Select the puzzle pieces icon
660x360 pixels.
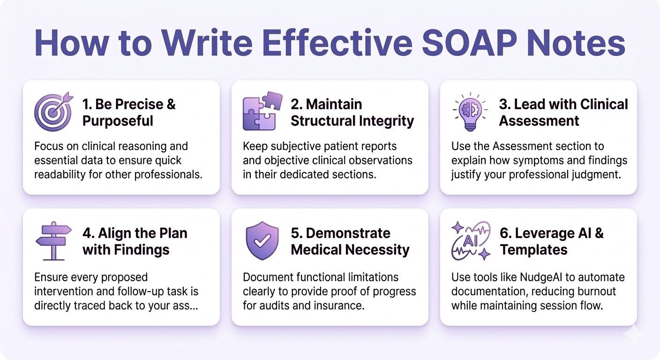[x=262, y=111]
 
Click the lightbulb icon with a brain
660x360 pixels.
[x=470, y=112]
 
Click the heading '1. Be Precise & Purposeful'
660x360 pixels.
[x=129, y=112]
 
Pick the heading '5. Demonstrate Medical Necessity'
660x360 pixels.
[x=350, y=241]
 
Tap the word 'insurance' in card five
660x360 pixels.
[x=341, y=306]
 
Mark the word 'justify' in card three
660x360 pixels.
[x=469, y=175]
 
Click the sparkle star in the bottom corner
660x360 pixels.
[x=634, y=335]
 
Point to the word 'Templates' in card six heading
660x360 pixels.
[x=533, y=250]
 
